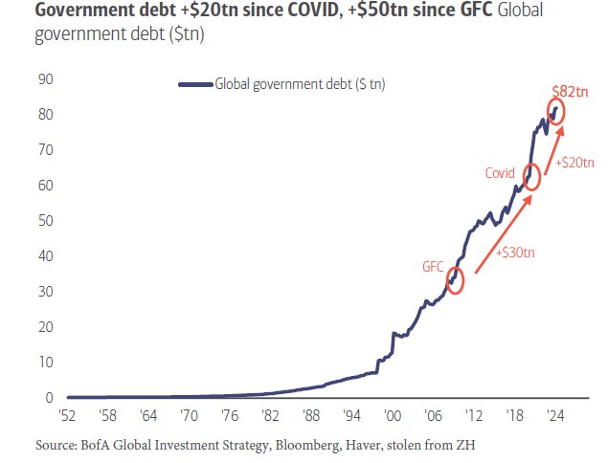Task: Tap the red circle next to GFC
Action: tap(455, 280)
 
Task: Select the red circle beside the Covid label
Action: tap(532, 176)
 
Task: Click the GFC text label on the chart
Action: tap(433, 266)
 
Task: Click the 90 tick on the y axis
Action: tap(44, 79)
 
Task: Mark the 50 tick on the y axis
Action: tap(44, 221)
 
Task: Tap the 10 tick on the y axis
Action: tap(44, 363)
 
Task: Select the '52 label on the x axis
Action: tap(67, 416)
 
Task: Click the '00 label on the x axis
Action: tap(391, 416)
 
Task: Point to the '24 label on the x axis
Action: tap(553, 416)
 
